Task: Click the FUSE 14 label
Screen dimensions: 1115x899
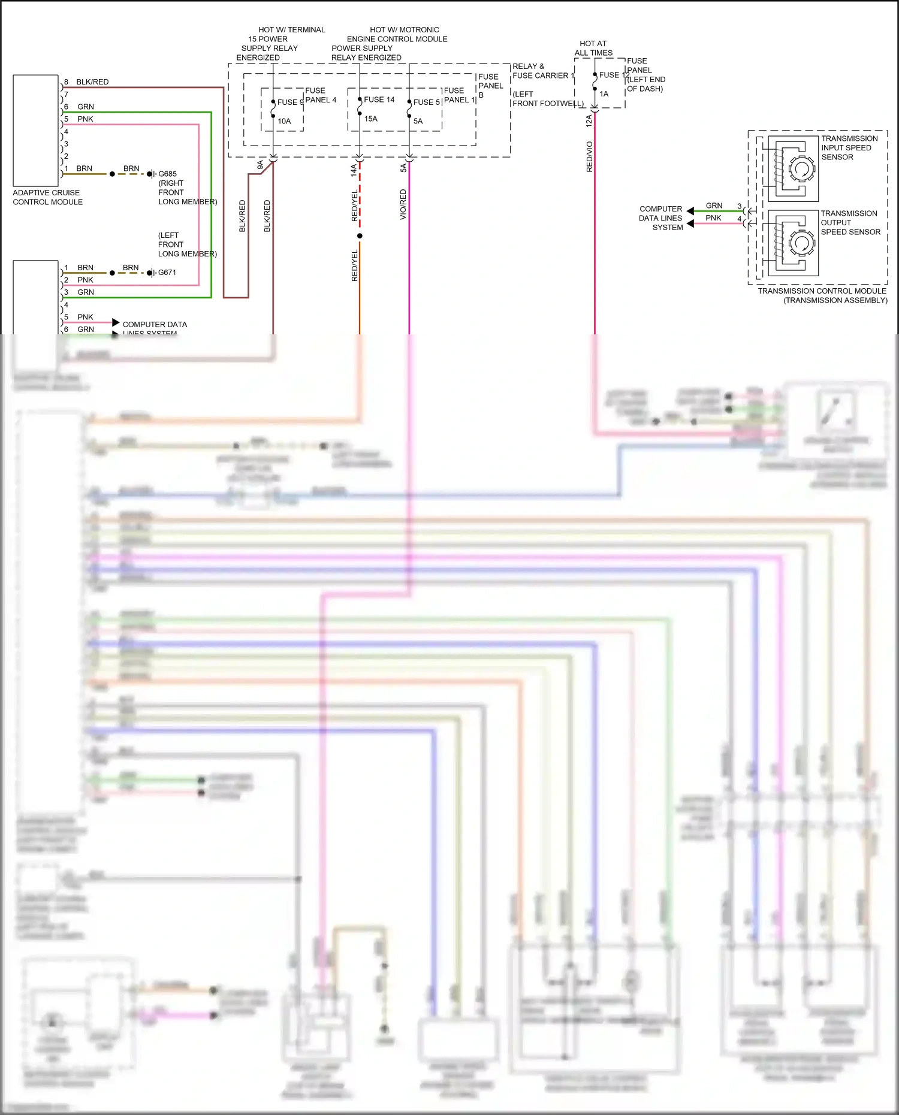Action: tap(379, 100)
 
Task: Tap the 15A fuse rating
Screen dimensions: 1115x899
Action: tap(371, 119)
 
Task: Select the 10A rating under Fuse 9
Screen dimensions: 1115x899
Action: tap(284, 121)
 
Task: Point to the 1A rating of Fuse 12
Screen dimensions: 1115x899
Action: tap(604, 94)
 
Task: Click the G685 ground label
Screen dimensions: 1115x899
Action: tap(167, 174)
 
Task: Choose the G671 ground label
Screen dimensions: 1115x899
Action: tap(167, 273)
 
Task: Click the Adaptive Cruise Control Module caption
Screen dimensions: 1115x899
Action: tap(48, 197)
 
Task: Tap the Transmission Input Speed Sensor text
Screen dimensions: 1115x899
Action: tap(849, 148)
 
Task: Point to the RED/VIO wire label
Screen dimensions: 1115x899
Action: tap(590, 157)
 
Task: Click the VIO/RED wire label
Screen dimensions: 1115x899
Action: tap(403, 204)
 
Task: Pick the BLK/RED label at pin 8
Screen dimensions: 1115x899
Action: tap(92, 82)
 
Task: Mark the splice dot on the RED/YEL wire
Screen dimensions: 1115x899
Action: tap(360, 236)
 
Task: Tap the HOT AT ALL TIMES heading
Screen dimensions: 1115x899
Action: tap(593, 48)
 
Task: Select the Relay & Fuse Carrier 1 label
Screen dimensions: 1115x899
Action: tap(543, 71)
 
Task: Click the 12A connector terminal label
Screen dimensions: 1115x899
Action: tap(589, 121)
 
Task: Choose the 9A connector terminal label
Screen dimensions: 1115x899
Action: tap(260, 165)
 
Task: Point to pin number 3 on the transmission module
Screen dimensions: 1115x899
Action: tap(739, 206)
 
